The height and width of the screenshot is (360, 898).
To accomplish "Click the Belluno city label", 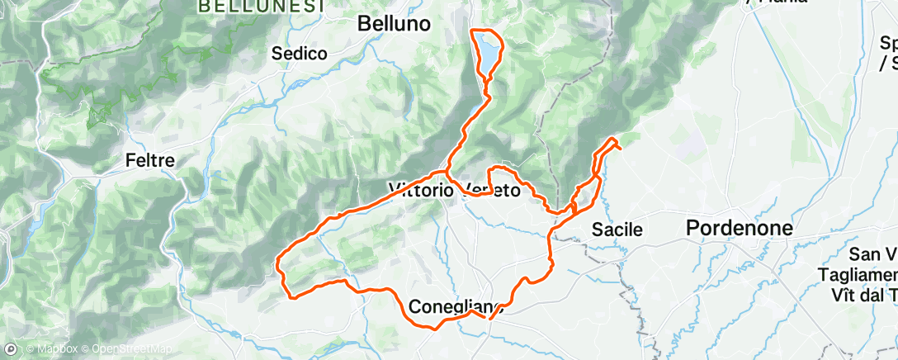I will [x=394, y=25].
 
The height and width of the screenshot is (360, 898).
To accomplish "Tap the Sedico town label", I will [x=300, y=54].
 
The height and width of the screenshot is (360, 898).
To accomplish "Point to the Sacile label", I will [x=617, y=230].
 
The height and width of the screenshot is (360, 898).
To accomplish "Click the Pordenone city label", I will [x=740, y=229].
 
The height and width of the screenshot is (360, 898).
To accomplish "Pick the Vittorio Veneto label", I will [x=454, y=191].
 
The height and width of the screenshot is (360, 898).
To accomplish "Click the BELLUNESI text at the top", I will [x=248, y=5].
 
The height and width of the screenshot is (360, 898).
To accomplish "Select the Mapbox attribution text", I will [x=54, y=350].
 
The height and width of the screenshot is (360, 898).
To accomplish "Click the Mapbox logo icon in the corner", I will [x=10, y=350].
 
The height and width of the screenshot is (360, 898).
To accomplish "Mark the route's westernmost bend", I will [x=278, y=266].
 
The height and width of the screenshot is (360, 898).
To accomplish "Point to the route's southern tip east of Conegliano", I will [x=490, y=317].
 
